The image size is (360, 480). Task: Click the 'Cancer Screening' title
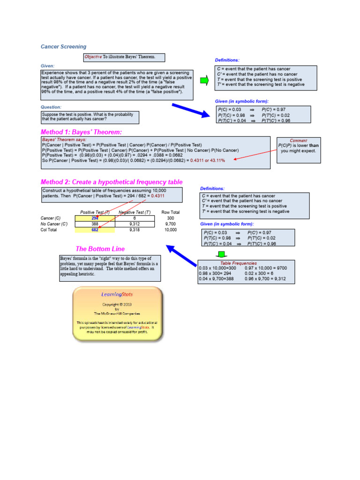pyautogui.click(x=64, y=47)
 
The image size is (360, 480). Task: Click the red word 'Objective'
pyautogui.click(x=93, y=57)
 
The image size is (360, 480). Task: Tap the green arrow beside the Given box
pyautogui.click(x=204, y=81)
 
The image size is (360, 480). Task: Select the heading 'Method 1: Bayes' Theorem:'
pyautogui.click(x=81, y=132)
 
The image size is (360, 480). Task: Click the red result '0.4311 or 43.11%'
pyautogui.click(x=208, y=160)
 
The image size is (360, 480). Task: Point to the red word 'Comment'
pyautogui.click(x=299, y=140)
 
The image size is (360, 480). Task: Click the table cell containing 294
pyautogui.click(x=95, y=218)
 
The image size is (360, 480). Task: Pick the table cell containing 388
pyautogui.click(x=95, y=224)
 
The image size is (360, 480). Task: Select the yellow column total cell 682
pyautogui.click(x=95, y=230)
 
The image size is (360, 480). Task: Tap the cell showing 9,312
pyautogui.click(x=134, y=224)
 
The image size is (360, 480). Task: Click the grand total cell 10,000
pyautogui.click(x=171, y=230)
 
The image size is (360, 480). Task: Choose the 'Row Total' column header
pyautogui.click(x=171, y=212)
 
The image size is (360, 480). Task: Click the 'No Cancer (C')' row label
pyautogui.click(x=54, y=224)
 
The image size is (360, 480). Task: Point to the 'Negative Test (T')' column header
pyautogui.click(x=135, y=212)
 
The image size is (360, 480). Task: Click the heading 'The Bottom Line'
pyautogui.click(x=100, y=249)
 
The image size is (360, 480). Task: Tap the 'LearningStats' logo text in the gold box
pyautogui.click(x=117, y=294)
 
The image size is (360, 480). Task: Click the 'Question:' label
pyautogui.click(x=51, y=107)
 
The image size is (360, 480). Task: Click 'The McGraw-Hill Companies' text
pyautogui.click(x=117, y=314)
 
